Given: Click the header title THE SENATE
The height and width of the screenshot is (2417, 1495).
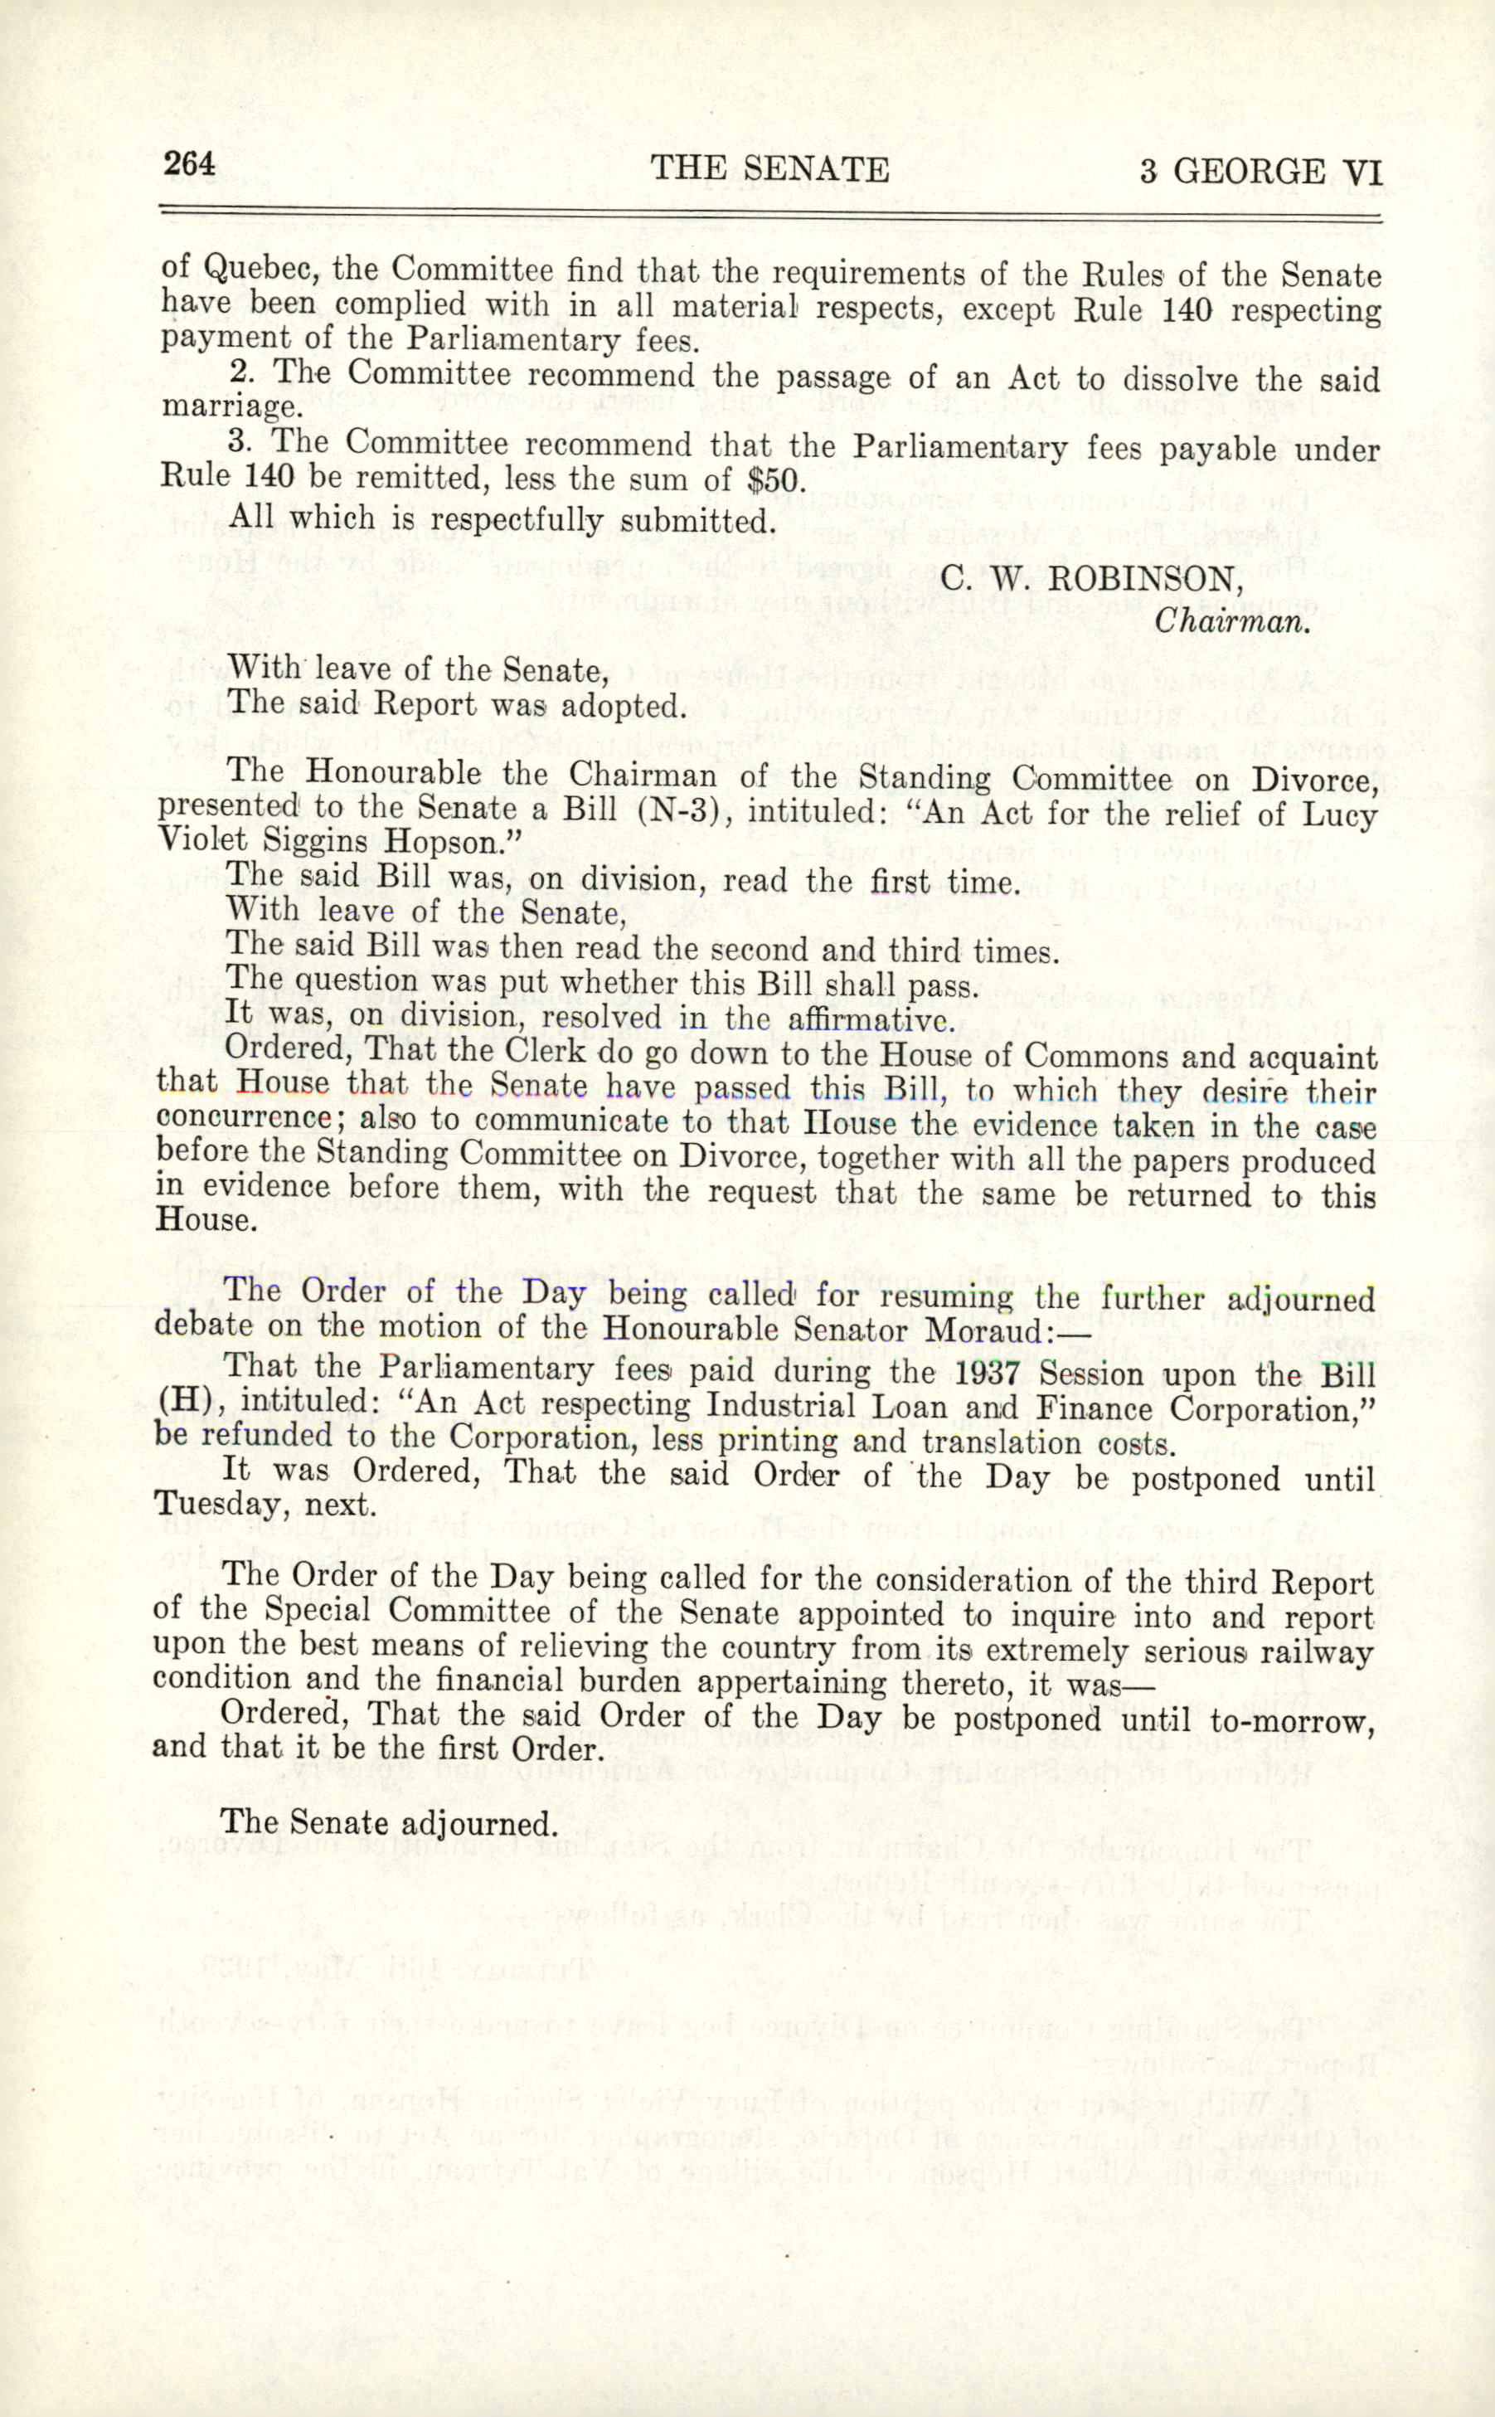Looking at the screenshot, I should [770, 169].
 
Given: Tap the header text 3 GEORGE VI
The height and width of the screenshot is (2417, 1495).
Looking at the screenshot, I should [1260, 172].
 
